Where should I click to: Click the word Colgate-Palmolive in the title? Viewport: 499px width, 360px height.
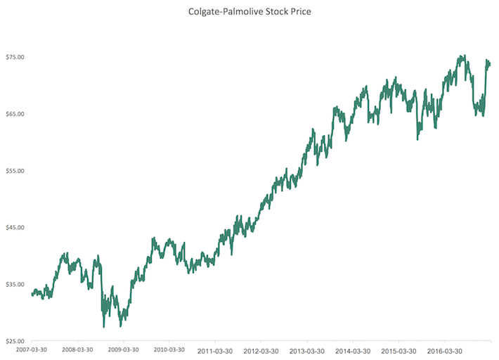click(216, 12)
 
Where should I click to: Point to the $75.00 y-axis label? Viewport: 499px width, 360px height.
click(16, 57)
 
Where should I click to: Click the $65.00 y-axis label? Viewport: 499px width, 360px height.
click(16, 114)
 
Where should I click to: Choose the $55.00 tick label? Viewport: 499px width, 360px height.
click(16, 171)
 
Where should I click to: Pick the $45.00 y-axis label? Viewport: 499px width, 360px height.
click(16, 228)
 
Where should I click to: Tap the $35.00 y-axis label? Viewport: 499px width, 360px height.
click(16, 285)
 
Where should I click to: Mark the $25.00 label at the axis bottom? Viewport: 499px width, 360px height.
click(16, 342)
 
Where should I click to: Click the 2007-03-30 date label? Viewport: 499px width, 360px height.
click(32, 349)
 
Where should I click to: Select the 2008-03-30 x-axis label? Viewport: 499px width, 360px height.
click(78, 349)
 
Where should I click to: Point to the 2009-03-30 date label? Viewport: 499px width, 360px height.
click(124, 349)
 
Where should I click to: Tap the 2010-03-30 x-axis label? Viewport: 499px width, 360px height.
click(169, 349)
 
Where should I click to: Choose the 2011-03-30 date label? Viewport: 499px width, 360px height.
click(215, 349)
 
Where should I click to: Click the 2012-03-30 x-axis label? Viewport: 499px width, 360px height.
click(261, 349)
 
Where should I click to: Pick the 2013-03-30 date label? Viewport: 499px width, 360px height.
click(307, 349)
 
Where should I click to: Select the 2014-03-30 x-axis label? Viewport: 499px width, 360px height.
click(353, 349)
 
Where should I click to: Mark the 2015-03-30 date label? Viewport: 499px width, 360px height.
click(398, 349)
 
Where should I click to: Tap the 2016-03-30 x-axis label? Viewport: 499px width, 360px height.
click(445, 349)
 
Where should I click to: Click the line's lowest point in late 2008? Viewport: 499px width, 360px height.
click(104, 327)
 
